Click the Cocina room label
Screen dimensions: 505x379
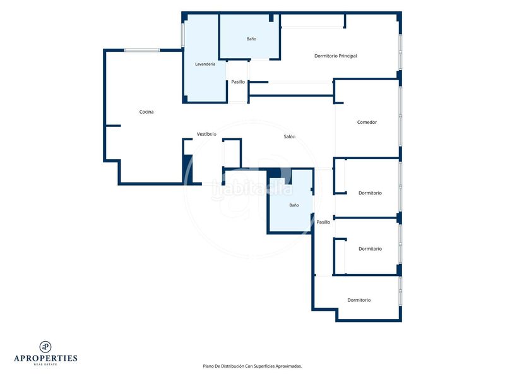coord(146,112)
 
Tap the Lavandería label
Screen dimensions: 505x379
coord(205,64)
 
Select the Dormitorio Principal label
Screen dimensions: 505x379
coord(336,56)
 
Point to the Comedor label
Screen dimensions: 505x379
coord(367,122)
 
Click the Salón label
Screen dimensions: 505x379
coord(290,136)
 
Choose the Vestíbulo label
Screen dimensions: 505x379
coord(206,134)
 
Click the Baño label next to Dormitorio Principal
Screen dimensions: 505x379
coord(251,39)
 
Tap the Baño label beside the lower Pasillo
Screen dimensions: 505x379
coord(294,205)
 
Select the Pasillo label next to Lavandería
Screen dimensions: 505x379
coord(238,82)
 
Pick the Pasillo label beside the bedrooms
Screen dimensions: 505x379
coord(323,222)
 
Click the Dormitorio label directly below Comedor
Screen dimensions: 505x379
coord(370,193)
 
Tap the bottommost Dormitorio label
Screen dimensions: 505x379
coord(359,300)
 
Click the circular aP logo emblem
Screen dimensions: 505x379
coord(45,347)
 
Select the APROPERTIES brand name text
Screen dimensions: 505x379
coord(45,358)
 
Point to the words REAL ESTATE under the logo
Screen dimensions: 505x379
coord(45,364)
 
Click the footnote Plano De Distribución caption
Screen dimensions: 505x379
coord(252,366)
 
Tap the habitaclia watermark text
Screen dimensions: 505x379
coord(252,189)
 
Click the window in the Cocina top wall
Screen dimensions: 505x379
coord(142,51)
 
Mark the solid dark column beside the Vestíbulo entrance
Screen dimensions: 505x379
coord(187,169)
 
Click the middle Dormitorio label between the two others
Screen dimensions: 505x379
coord(370,249)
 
